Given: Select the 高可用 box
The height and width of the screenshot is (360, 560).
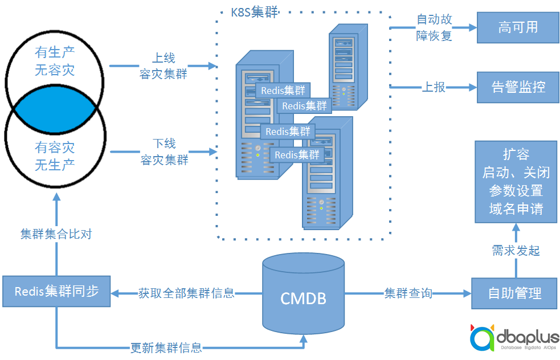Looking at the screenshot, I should pos(518,27).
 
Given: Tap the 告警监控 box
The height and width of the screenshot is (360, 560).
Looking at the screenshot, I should pos(518,87).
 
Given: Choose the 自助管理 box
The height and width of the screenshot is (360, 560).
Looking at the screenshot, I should pos(514,293).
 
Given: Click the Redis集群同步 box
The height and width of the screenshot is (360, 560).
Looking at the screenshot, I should pos(56,292).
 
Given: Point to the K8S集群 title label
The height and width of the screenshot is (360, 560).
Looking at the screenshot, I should pos(254,13).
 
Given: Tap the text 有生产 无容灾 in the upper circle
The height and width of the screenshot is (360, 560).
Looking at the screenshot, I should pos(55,62).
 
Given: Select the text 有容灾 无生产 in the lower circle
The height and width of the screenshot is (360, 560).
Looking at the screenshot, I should pos(55,156).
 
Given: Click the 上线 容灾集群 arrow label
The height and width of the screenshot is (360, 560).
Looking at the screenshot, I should pos(163,66).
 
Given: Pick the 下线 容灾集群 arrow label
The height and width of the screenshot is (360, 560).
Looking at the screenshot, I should pos(164,152).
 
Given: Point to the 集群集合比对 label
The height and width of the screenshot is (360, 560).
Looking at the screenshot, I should pos(56,234).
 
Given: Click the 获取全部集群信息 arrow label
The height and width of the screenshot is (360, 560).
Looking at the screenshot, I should pos(186,293).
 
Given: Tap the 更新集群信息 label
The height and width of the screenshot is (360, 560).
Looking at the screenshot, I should pos(166,347).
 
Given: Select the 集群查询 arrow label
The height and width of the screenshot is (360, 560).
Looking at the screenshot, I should pos(408,293).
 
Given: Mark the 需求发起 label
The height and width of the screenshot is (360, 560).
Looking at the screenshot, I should pos(516,251).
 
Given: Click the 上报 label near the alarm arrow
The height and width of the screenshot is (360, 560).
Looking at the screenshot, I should pos(434,87).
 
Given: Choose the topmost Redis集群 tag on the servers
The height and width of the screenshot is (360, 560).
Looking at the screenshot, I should pos(283,91).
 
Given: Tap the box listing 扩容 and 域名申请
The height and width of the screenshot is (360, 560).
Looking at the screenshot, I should pos(516,182).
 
